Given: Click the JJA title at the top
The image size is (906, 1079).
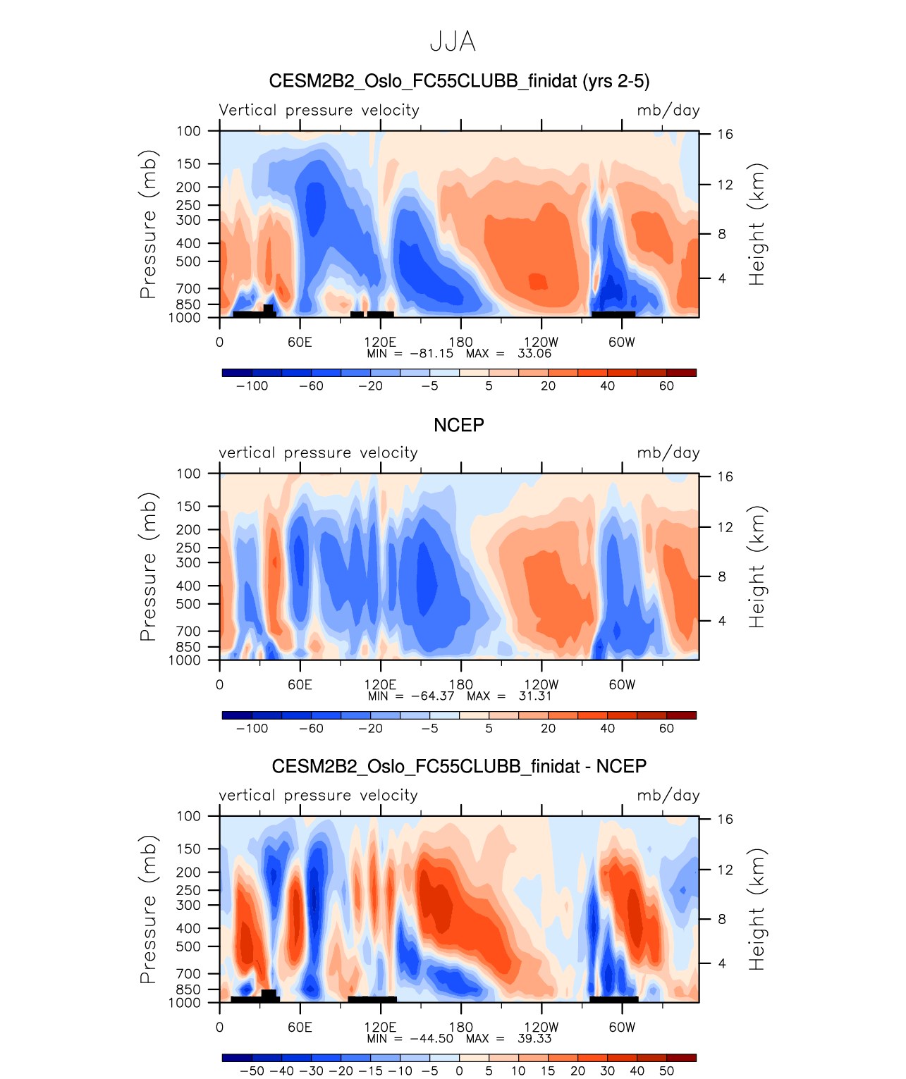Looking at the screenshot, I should [x=453, y=42].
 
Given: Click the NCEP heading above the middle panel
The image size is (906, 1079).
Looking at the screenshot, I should [x=458, y=425].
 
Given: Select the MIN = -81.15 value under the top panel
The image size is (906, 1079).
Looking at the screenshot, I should [x=410, y=353].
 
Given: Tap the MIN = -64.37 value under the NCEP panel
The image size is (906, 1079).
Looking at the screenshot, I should [x=411, y=696].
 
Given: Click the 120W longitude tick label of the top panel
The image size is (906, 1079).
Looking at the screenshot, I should [x=541, y=343].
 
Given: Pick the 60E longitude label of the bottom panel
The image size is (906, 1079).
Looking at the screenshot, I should [x=300, y=1027].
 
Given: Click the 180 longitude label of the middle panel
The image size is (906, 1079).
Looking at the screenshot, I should [x=460, y=684].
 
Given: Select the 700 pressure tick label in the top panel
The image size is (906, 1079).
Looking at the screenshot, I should [x=188, y=288].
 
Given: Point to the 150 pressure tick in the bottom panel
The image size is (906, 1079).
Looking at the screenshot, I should [x=188, y=849].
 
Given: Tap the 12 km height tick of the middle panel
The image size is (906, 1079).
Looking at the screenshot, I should [x=725, y=527].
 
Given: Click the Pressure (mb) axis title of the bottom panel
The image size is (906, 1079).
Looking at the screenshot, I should [x=147, y=910].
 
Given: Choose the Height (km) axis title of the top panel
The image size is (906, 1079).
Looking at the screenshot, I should [x=757, y=224].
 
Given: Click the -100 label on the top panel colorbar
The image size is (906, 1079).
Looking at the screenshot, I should [x=252, y=386].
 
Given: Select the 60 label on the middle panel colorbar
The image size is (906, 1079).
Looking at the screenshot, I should [x=666, y=728].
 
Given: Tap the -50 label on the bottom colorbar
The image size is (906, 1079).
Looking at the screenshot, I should [x=252, y=1071].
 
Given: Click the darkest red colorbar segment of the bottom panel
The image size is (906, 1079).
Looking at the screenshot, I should [x=681, y=1058].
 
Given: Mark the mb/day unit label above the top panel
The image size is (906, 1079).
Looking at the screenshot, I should [x=668, y=110].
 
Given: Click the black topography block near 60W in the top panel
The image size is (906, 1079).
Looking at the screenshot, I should [x=613, y=314].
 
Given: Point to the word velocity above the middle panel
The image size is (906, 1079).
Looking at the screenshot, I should [x=388, y=452].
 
